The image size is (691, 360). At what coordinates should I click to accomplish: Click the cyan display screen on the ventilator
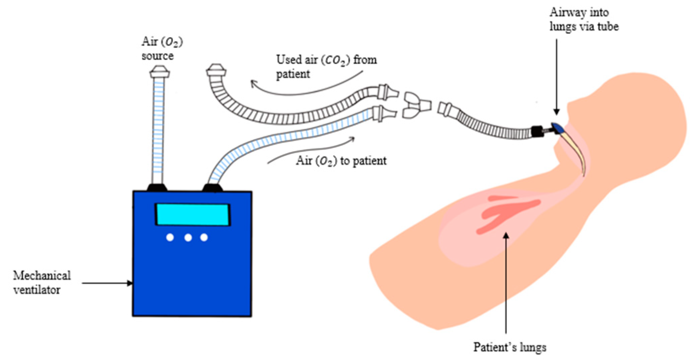(192, 214)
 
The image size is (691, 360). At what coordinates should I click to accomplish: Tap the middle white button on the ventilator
(188, 238)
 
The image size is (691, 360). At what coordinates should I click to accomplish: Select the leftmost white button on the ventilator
(170, 238)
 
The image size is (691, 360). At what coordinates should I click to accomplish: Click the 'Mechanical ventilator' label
(42, 282)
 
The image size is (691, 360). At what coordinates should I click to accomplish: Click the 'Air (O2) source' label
(162, 48)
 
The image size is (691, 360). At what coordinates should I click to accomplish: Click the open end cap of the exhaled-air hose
(216, 71)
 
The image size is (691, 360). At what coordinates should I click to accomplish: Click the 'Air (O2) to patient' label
(341, 161)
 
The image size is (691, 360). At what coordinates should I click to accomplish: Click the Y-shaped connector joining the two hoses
(416, 106)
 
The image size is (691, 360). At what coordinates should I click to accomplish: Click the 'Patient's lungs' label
(509, 347)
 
